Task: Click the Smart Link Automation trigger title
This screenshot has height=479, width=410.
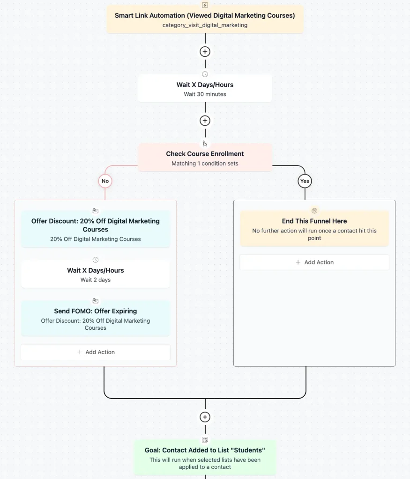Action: click(x=205, y=15)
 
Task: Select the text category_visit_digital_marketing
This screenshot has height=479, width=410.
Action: click(x=205, y=25)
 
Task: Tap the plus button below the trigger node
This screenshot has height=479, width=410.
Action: click(x=205, y=51)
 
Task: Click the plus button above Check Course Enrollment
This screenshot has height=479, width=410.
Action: click(x=205, y=121)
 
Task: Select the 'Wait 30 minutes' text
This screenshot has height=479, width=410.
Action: click(x=205, y=94)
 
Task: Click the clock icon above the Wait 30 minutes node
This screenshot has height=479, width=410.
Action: click(x=205, y=74)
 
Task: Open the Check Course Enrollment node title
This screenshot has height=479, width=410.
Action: click(x=205, y=153)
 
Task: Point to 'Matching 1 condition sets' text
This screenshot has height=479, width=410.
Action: click(x=205, y=163)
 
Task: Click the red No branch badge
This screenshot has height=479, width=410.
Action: click(x=105, y=181)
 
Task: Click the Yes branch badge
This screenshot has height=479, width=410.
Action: click(x=305, y=181)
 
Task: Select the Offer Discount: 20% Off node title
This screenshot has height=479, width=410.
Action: click(x=96, y=225)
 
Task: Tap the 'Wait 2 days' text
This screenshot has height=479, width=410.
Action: click(x=96, y=280)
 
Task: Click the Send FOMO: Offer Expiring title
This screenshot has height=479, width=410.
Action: click(x=96, y=311)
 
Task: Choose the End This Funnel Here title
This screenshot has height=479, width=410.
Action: click(x=314, y=221)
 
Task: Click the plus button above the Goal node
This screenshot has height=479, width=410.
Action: click(x=205, y=417)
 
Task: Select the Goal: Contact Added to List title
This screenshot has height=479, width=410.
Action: click(x=205, y=450)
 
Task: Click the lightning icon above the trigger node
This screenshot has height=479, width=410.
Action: click(x=205, y=5)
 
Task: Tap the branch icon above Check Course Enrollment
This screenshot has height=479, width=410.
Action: click(x=205, y=144)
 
